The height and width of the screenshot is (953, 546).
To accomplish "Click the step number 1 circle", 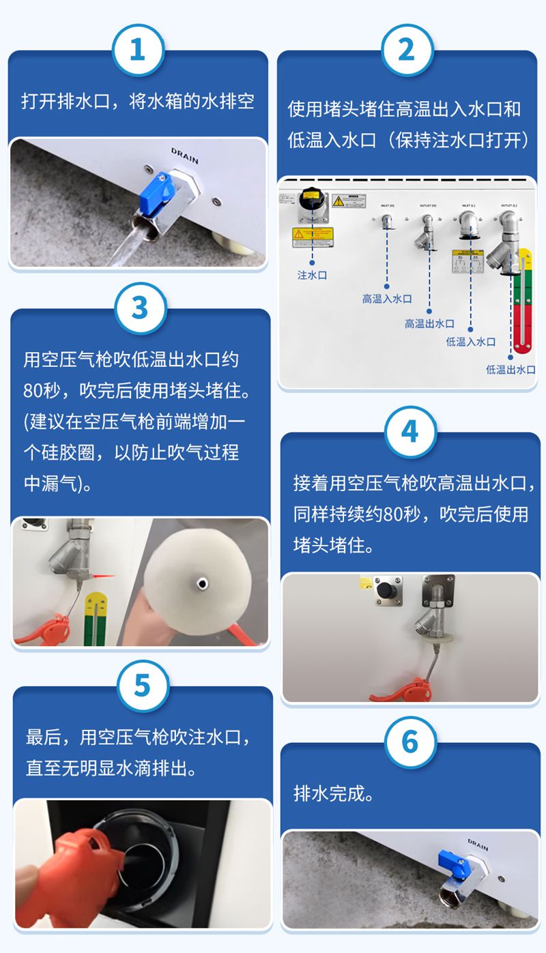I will click(138, 49).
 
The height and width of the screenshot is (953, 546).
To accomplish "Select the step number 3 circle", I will click(139, 308).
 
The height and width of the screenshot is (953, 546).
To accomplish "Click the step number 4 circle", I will click(409, 432).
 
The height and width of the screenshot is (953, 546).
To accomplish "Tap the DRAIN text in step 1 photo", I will click(184, 155).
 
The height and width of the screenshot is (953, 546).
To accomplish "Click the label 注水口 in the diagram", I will click(312, 275).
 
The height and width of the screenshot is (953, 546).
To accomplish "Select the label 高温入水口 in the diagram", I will click(387, 299).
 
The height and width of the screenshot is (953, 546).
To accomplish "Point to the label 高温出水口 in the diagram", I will click(429, 323).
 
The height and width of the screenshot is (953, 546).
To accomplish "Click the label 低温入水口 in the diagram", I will click(471, 342).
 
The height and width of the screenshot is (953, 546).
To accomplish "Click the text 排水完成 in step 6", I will click(334, 794).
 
